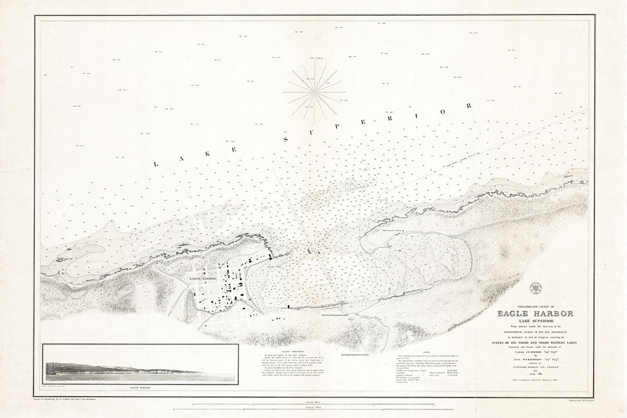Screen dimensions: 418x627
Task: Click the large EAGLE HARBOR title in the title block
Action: (x=535, y=313)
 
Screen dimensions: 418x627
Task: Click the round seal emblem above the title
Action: (x=535, y=286)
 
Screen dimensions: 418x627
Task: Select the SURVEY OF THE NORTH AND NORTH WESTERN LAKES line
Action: (x=535, y=342)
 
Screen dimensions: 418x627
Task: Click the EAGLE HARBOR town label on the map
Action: (x=203, y=278)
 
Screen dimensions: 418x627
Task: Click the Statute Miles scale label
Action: (x=314, y=402)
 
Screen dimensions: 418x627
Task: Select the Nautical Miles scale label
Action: (x=314, y=408)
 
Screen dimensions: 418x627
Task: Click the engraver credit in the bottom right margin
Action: (x=571, y=399)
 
